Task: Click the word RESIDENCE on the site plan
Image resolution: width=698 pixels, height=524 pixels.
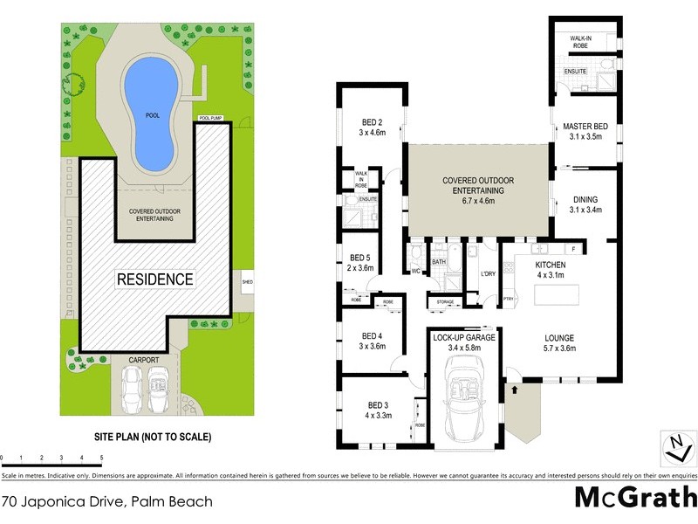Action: click(x=155, y=279)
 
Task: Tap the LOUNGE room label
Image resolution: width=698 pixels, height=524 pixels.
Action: click(x=558, y=341)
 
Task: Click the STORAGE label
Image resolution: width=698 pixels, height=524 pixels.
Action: click(x=440, y=303)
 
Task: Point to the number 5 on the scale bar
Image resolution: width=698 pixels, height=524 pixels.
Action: click(x=102, y=458)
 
